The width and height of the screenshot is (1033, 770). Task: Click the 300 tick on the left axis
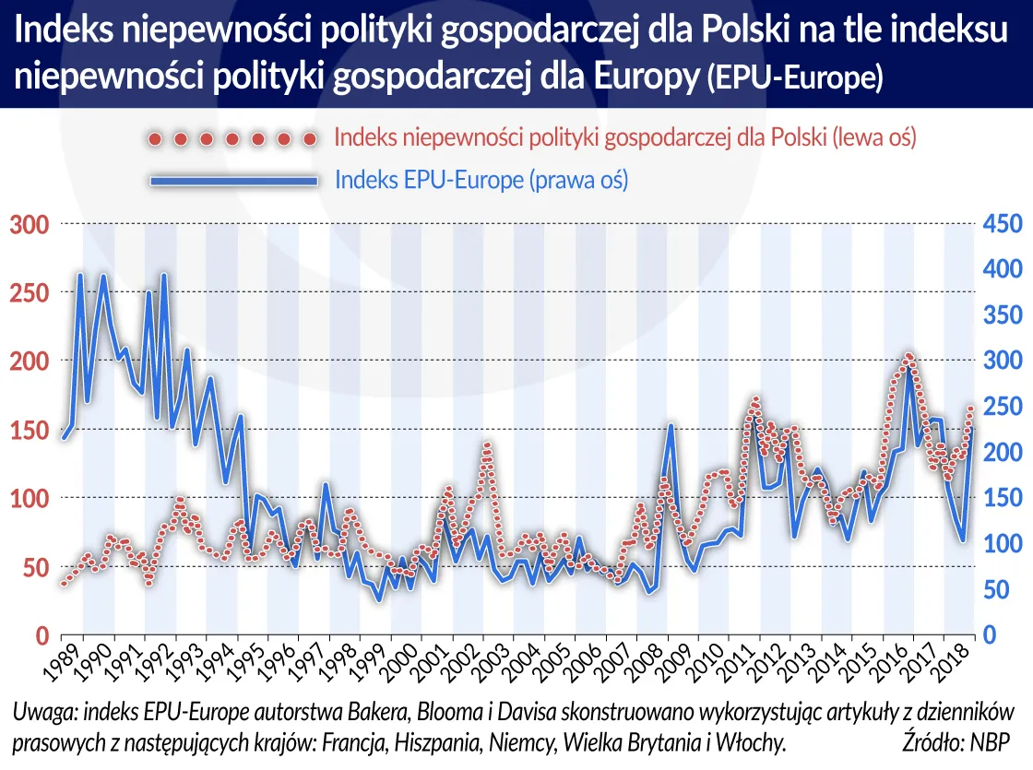coord(29,224)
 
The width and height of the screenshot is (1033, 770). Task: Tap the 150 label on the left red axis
coord(29,430)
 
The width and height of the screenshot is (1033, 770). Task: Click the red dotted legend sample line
coord(232,139)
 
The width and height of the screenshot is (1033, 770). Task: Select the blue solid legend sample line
coord(232,181)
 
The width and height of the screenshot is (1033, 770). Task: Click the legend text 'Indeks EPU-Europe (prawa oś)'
coord(481,180)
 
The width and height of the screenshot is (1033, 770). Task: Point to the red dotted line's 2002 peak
coord(487,446)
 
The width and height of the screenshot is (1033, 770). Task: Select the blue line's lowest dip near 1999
coord(378,601)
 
